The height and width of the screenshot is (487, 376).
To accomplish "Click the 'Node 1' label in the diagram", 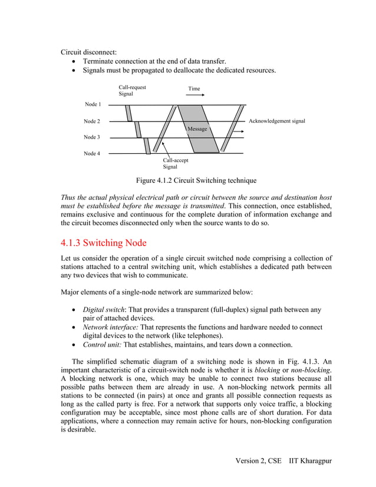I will click(93, 104).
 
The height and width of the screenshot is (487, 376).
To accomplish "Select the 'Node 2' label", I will click(93, 121).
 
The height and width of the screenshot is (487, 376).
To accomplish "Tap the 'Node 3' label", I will click(93, 137).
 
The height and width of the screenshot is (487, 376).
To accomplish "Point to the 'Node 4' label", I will click(93, 153).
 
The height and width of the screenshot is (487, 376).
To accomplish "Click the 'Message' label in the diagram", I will click(197, 129).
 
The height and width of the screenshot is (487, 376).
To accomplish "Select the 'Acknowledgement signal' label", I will click(277, 121).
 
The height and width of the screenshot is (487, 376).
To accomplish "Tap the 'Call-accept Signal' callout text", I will click(176, 163).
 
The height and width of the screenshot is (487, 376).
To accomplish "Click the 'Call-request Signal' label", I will click(132, 90).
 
